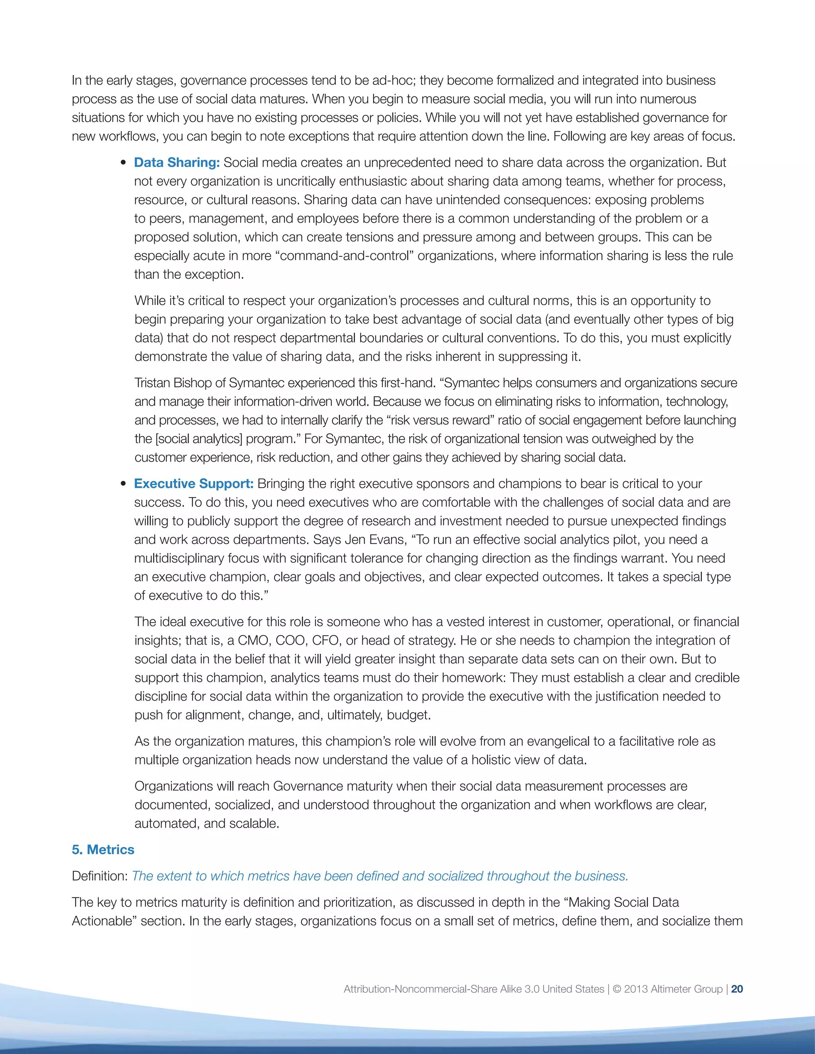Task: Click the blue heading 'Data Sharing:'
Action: pos(177,163)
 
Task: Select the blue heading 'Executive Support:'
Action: pos(194,484)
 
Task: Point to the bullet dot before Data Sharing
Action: pos(124,163)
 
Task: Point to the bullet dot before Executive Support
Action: pos(124,484)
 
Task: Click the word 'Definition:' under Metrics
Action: pos(100,876)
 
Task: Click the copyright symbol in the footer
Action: pos(616,989)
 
